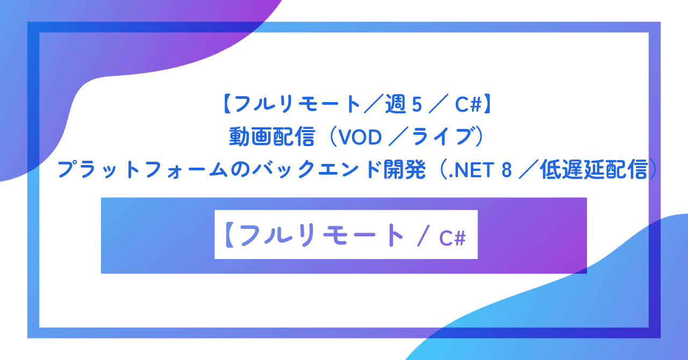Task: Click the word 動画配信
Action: (271, 138)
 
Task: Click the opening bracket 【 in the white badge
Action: (228, 235)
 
